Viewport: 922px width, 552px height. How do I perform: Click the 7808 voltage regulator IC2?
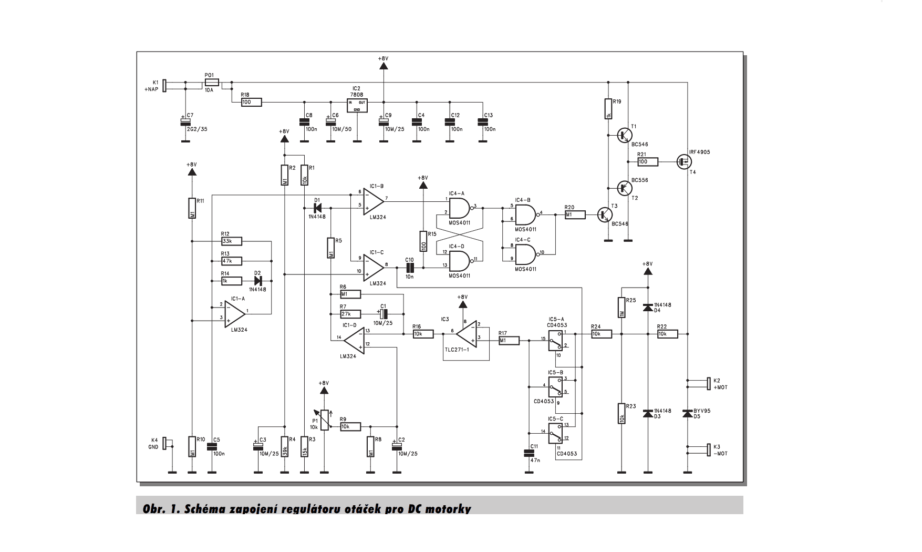tap(357, 105)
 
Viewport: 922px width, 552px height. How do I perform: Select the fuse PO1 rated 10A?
tap(212, 83)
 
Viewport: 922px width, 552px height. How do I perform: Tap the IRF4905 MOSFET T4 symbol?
tap(683, 162)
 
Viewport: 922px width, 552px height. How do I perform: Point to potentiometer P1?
tap(325, 420)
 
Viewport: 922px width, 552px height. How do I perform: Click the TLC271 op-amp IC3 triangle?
tap(467, 334)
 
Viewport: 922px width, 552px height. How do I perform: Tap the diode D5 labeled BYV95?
tap(687, 414)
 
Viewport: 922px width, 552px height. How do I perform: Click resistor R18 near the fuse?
tap(251, 103)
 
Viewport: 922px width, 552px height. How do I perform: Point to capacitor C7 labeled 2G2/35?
tap(185, 121)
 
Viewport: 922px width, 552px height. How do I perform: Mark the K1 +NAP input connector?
tap(164, 86)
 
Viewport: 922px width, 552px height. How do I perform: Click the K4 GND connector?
tap(164, 443)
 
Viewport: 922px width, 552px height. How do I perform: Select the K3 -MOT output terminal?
tap(708, 450)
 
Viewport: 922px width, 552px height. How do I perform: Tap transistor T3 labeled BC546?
tap(606, 214)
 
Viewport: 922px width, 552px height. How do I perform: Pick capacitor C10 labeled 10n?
tap(410, 267)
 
